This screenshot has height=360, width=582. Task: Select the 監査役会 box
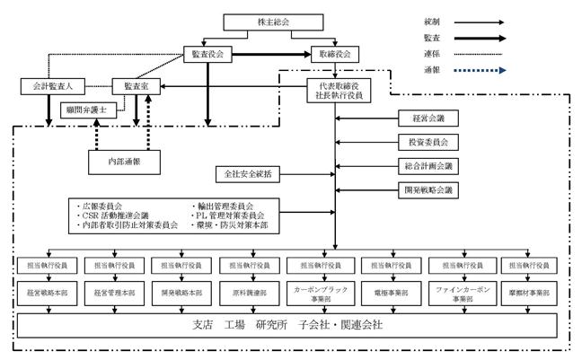[x=207, y=53]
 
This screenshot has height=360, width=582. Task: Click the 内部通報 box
[x=123, y=161]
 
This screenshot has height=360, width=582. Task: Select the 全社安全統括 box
[x=248, y=172]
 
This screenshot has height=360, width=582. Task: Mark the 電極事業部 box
[x=387, y=293]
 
